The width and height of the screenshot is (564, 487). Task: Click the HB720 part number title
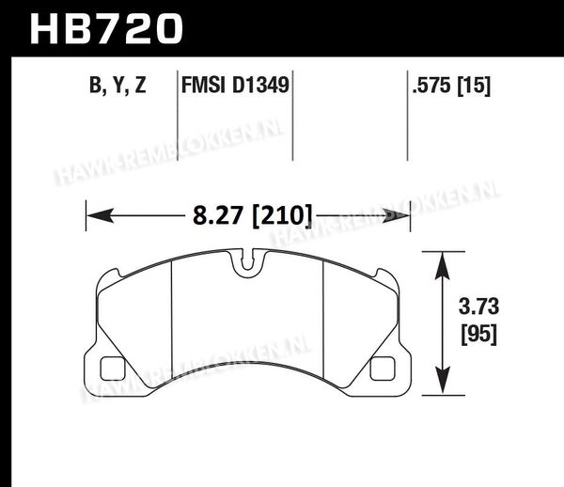click(x=106, y=29)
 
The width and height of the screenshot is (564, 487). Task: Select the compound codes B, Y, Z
click(x=117, y=86)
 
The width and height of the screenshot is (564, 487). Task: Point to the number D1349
click(x=260, y=86)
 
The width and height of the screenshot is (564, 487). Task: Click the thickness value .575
click(x=431, y=86)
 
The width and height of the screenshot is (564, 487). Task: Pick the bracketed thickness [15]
click(x=474, y=86)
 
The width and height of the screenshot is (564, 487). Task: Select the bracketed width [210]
click(x=282, y=216)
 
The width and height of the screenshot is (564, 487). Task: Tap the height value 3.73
click(x=478, y=306)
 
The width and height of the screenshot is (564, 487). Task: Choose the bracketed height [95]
click(x=478, y=334)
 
